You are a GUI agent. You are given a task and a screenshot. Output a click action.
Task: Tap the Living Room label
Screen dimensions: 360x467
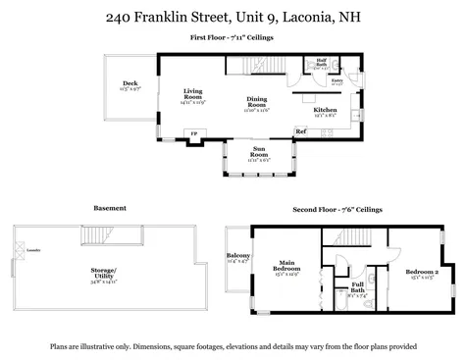pos(192,96)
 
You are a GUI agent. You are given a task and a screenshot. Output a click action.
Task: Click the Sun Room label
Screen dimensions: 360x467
pos(259,153)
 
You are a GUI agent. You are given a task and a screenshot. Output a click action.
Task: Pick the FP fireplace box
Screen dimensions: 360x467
pos(193,132)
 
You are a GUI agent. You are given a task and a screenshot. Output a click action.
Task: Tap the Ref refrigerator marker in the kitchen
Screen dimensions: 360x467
pos(300,131)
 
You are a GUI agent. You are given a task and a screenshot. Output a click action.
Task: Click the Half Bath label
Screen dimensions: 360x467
pos(321,63)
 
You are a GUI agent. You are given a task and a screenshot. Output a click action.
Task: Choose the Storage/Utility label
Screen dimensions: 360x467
pos(103,274)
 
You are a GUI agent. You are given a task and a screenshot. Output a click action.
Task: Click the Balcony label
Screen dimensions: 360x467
pos(238,258)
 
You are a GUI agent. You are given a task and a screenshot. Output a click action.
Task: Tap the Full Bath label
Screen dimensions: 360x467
pos(357,289)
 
